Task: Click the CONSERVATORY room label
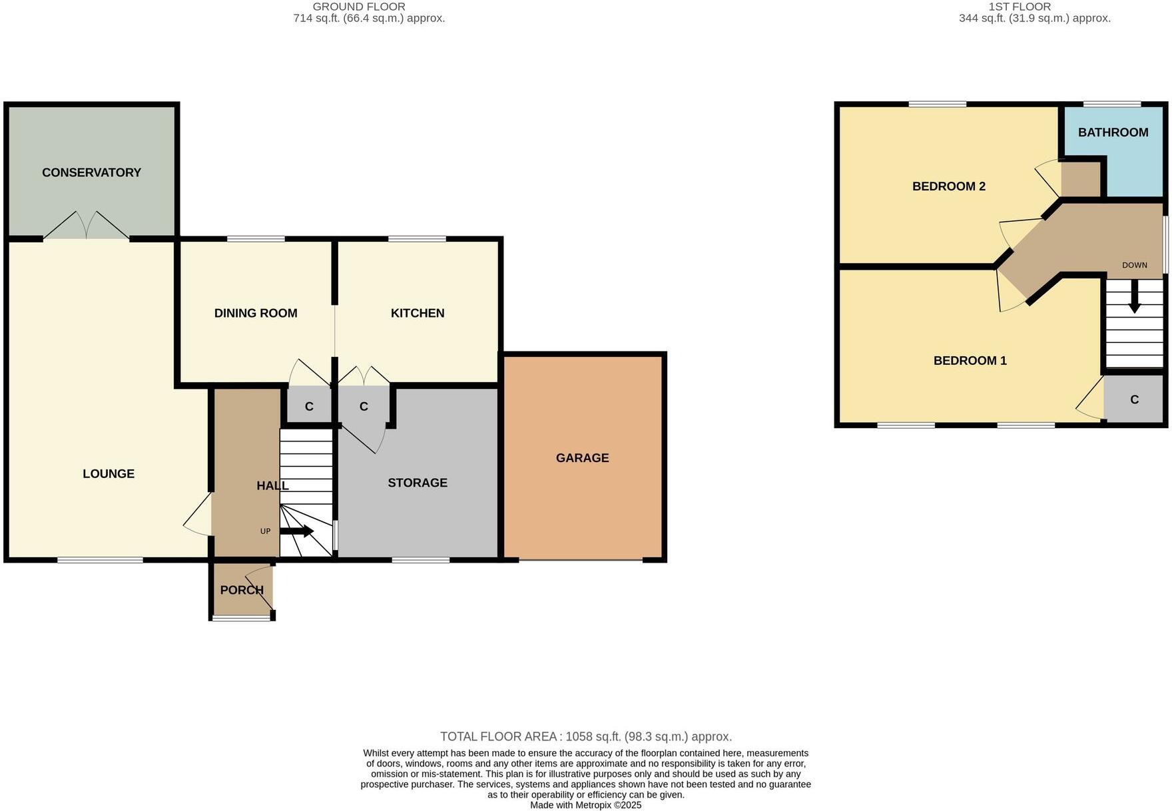point(91,172)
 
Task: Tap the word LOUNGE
point(109,473)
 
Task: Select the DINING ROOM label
point(256,313)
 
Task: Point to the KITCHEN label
point(418,313)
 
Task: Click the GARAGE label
point(583,457)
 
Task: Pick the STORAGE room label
point(418,483)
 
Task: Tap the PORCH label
point(242,590)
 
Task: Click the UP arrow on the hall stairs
point(297,531)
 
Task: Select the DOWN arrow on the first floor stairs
point(1135,297)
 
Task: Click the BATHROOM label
point(1113,133)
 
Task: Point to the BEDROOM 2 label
point(948,186)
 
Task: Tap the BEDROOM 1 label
point(970,361)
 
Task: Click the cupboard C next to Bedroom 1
point(1134,400)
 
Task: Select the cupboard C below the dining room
point(309,406)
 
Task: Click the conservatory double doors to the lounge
point(87,226)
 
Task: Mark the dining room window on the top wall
point(256,238)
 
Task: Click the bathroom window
point(1111,104)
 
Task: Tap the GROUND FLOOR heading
point(359,7)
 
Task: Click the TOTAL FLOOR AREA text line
point(586,736)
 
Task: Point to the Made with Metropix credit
point(586,805)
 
